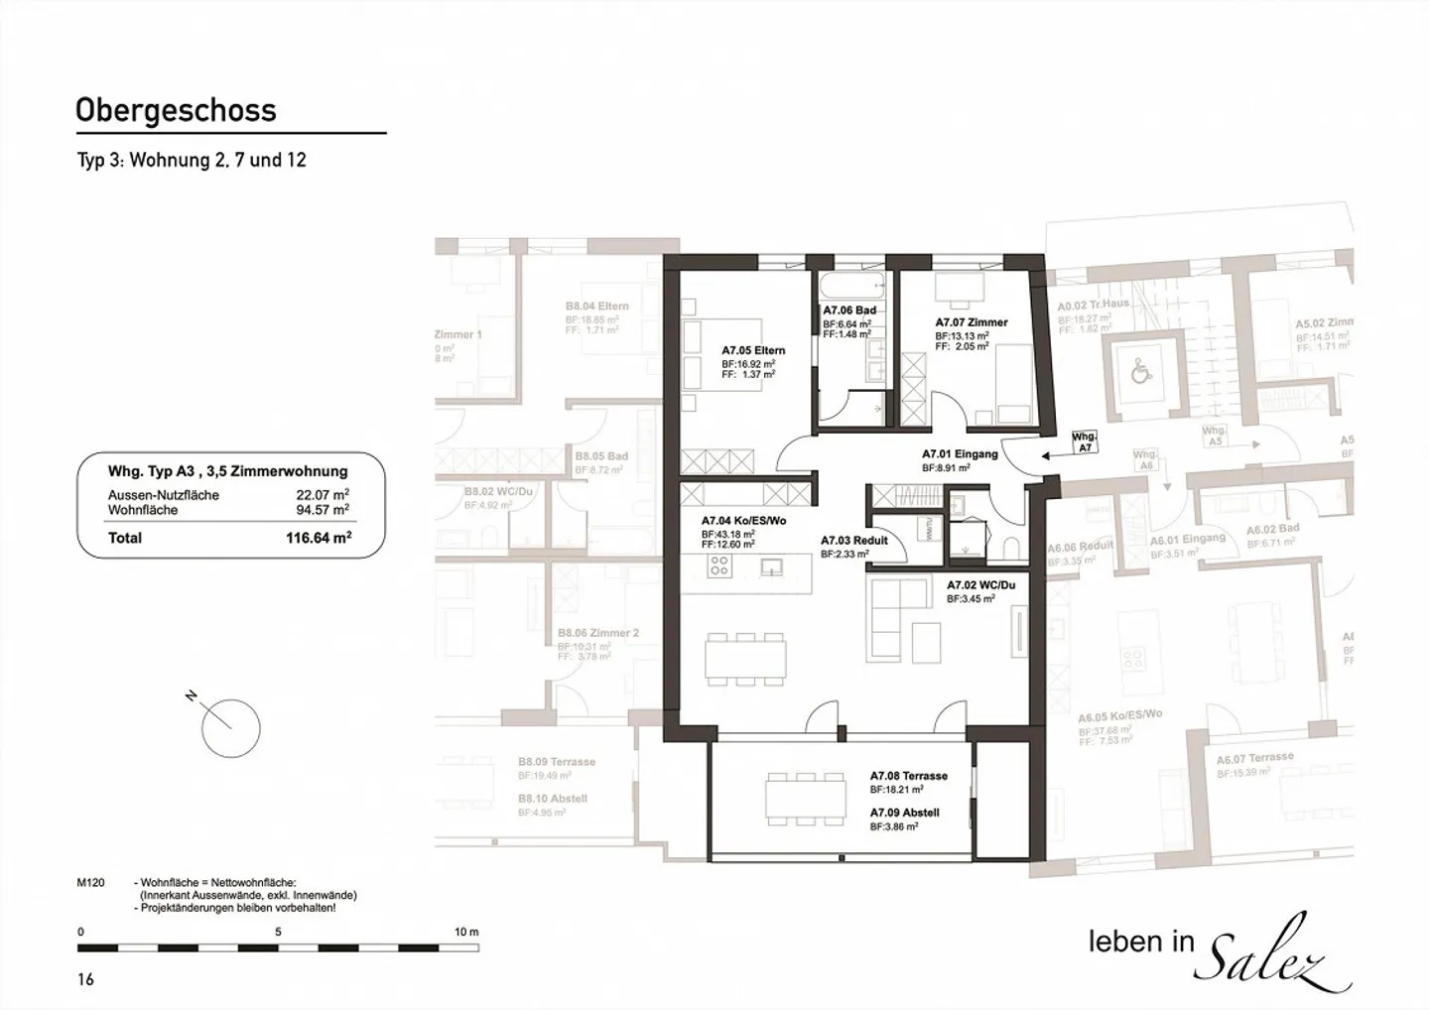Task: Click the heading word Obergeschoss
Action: point(176,110)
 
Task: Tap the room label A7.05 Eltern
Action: point(752,350)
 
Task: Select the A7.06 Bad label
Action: point(848,311)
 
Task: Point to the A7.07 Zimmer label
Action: point(971,322)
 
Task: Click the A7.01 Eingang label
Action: point(959,454)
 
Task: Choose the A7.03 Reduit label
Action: point(853,541)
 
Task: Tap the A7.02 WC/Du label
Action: point(980,585)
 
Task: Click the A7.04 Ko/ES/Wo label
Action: point(743,521)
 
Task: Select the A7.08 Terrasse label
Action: point(908,776)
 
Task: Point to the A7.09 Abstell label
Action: point(904,813)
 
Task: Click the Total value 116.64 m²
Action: point(319,538)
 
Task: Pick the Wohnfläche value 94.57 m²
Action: point(322,510)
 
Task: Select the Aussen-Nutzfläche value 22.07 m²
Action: point(322,495)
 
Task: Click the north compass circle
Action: point(230,729)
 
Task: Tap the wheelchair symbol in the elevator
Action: point(1141,374)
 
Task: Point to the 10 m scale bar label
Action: point(465,932)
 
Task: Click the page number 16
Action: point(85,979)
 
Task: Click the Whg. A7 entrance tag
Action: point(1085,442)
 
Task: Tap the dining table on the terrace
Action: point(803,798)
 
